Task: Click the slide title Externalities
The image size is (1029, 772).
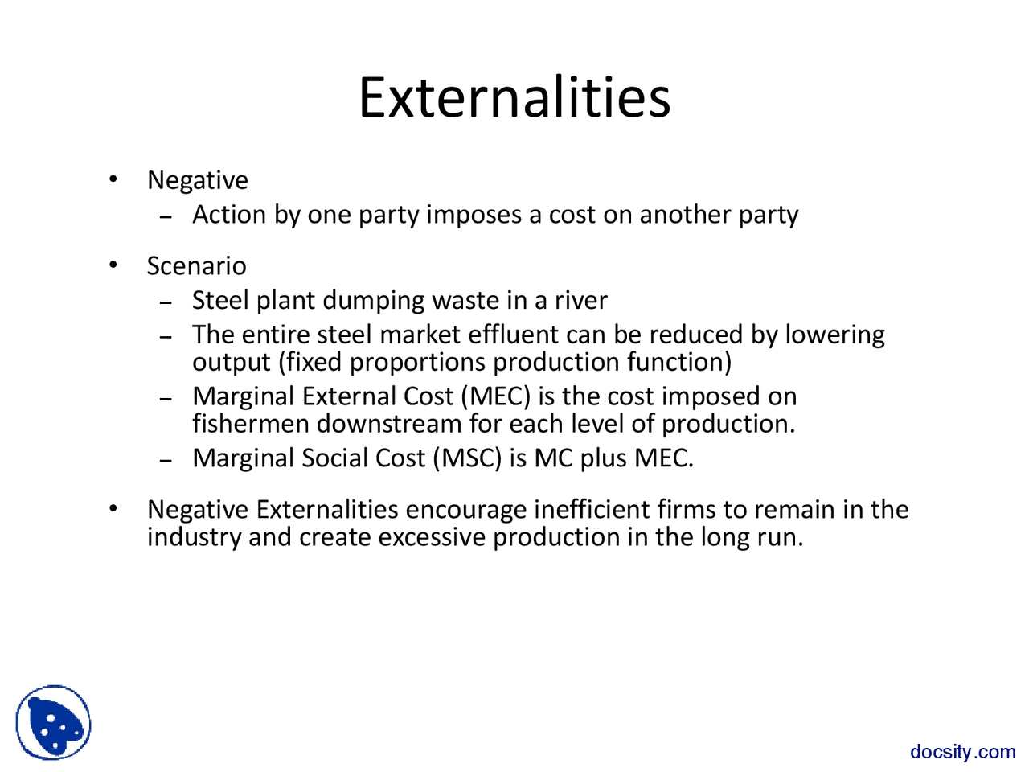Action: tap(514, 98)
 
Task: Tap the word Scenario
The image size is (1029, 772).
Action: tap(196, 266)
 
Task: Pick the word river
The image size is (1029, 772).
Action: tap(580, 301)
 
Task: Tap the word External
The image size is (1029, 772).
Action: tap(349, 396)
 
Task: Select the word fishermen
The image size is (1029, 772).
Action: tap(250, 424)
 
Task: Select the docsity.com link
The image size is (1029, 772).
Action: tap(962, 752)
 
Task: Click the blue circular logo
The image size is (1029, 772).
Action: tap(53, 722)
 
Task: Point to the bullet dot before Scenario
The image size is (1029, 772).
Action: tap(115, 265)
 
